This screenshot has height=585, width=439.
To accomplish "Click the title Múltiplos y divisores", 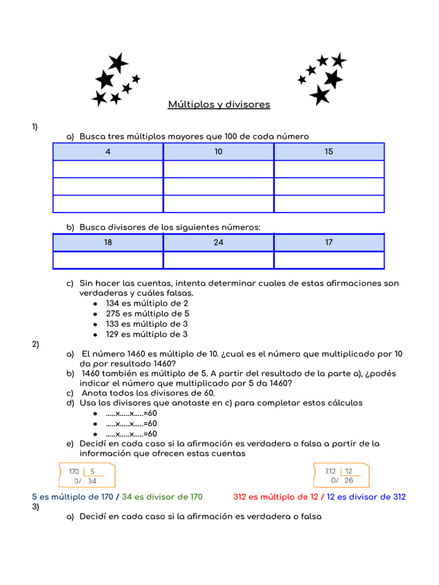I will coord(219,105).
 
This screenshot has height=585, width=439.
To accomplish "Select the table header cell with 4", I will coord(108,151).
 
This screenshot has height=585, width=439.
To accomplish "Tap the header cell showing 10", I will coord(218,151).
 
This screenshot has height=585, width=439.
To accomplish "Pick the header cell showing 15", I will coord(329,151).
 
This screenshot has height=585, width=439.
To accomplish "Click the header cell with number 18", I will coord(108,242).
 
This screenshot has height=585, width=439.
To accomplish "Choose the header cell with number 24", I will coord(218,242).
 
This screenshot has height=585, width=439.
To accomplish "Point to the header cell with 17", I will coord(329,242).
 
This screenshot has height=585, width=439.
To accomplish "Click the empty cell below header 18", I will coord(108,260).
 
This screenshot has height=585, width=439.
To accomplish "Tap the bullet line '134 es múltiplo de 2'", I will coord(147,303).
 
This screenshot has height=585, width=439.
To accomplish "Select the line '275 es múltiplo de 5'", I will coord(147,314).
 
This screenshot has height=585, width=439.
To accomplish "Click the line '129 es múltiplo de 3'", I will coord(146,334).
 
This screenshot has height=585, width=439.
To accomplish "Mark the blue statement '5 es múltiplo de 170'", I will coord(73,497).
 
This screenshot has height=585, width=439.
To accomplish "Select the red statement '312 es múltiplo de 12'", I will coord(276,497).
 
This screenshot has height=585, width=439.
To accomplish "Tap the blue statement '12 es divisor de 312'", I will coord(366,497).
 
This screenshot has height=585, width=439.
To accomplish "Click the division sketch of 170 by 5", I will coord(86,475).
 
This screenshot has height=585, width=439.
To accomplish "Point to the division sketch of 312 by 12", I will coord(341,475).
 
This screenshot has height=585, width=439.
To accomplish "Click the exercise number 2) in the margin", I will coord(35,344).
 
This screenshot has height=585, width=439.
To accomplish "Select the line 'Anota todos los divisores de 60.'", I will coord(148,393).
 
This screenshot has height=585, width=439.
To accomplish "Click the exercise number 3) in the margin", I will coord(35,507).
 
